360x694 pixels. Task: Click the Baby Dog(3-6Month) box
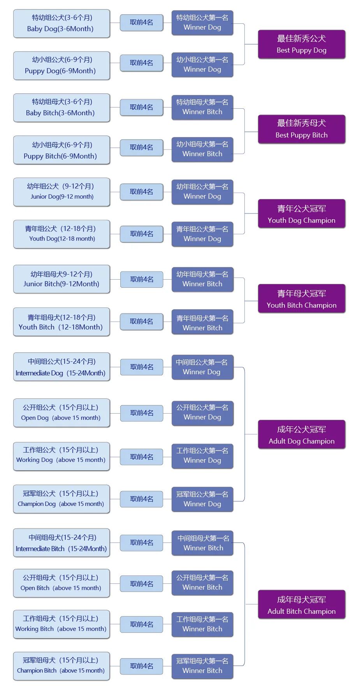(61, 23)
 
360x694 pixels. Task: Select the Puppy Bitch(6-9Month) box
(61, 150)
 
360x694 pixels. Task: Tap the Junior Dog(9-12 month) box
(61, 192)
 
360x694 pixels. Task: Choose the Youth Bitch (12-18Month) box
(61, 322)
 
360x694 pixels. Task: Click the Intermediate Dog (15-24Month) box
(61, 367)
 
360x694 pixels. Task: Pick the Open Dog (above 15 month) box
(61, 412)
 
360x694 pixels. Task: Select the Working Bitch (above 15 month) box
(61, 624)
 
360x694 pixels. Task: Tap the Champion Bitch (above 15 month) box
(61, 666)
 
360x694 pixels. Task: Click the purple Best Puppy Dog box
(301, 44)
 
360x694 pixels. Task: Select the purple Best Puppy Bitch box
(301, 129)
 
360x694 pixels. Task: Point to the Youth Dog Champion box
(301, 214)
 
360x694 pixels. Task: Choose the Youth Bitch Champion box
(301, 299)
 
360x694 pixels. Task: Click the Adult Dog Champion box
(301, 435)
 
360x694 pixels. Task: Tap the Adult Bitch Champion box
(301, 605)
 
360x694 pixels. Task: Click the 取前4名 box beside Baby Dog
(141, 23)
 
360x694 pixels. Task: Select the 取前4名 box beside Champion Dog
(141, 499)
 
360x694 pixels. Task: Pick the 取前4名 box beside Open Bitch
(141, 584)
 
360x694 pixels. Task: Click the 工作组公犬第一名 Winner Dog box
(202, 456)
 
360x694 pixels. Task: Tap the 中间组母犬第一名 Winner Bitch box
(202, 543)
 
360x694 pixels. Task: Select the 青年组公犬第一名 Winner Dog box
(202, 234)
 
